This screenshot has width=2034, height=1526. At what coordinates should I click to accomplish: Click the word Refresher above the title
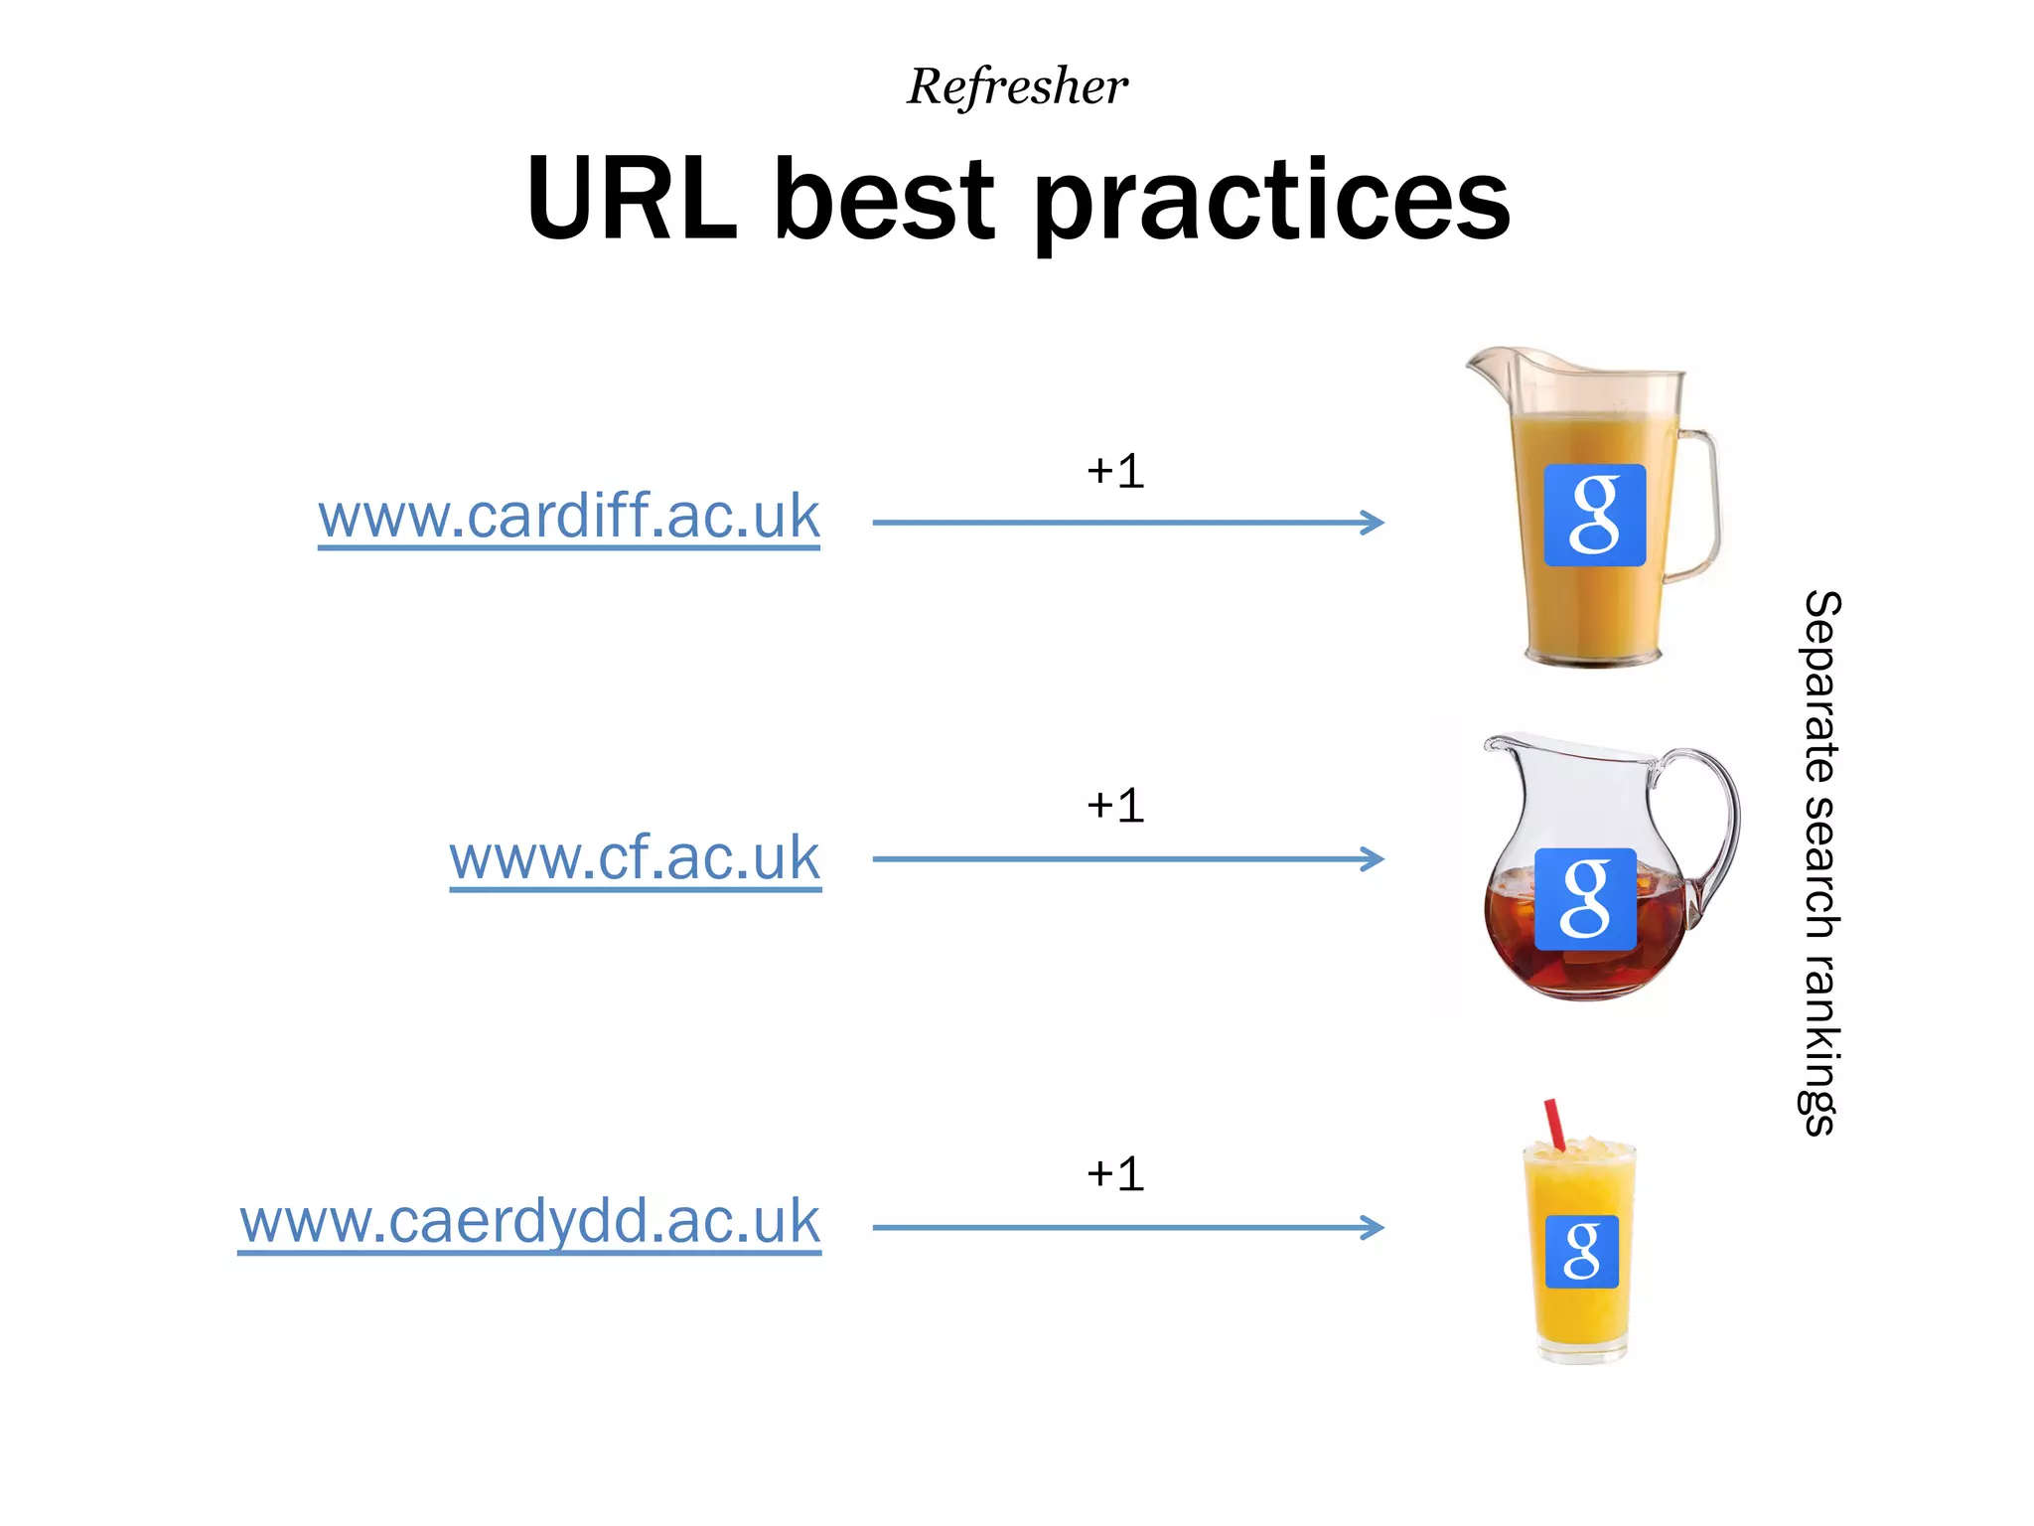pos(1017,86)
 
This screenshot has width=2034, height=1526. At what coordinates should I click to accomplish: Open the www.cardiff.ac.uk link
pos(569,517)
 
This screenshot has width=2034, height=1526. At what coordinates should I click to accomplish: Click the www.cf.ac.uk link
pos(635,858)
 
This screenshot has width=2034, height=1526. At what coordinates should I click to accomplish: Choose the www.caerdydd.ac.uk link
pos(529,1222)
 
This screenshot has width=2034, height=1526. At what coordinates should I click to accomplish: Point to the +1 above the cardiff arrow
pos(1115,471)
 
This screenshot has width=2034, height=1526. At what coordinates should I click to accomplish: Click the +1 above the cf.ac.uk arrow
pos(1115,806)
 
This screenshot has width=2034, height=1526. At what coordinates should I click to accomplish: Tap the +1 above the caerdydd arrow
pos(1115,1174)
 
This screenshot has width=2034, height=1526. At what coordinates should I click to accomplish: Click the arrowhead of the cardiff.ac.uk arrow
pos(1373,523)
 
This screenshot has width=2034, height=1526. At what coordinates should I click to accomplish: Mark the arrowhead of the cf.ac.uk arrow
pos(1373,858)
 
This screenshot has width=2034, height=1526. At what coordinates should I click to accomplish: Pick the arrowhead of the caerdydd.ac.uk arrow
pos(1373,1228)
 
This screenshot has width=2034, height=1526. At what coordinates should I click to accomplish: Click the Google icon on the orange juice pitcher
pos(1594,515)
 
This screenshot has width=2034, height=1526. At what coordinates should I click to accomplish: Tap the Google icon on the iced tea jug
pos(1585,899)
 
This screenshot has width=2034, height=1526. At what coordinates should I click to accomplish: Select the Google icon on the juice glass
pos(1582,1251)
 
